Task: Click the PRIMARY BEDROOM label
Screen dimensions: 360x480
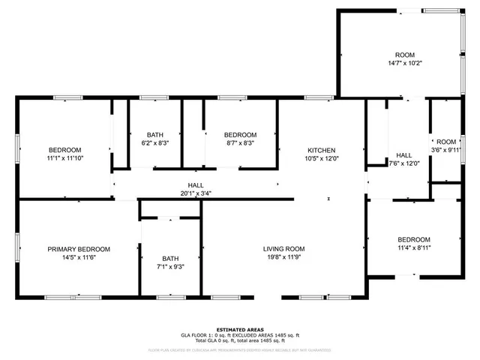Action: (79, 249)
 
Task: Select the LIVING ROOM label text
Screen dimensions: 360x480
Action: (283, 249)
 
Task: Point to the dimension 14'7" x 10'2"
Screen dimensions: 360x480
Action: (405, 64)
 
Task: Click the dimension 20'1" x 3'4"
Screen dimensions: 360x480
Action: (195, 193)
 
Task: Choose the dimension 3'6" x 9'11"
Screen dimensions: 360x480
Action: (446, 150)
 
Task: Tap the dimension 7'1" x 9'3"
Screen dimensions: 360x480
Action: (170, 267)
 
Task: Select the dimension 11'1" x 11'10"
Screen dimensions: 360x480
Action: (65, 158)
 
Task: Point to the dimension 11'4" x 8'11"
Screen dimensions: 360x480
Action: (414, 247)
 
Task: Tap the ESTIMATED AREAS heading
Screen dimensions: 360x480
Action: (239, 329)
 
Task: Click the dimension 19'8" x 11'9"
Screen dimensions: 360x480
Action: (283, 257)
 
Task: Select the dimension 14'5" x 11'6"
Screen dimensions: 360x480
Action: (79, 257)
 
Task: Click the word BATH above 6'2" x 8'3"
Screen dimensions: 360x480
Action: (155, 134)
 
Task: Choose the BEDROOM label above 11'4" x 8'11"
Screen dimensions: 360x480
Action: (414, 239)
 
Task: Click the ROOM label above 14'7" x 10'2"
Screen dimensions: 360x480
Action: (405, 55)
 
